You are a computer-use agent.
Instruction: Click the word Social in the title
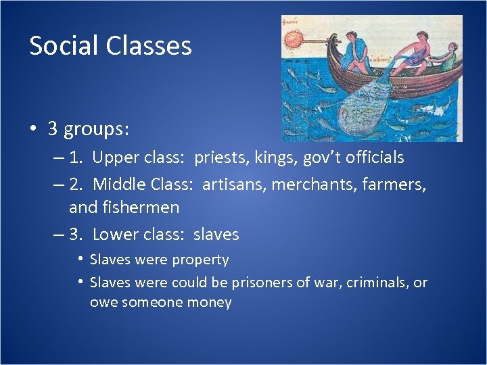(x=62, y=46)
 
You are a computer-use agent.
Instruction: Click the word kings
(x=277, y=158)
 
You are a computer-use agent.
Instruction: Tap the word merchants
(x=309, y=183)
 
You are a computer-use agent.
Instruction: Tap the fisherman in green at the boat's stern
(x=444, y=57)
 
